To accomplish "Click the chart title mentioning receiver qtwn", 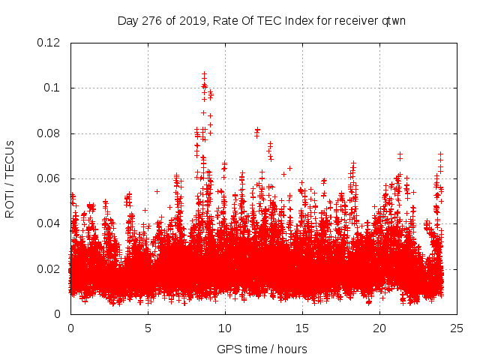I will point(262,20).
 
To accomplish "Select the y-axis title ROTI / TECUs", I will point(10,178).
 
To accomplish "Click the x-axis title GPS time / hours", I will point(262,349).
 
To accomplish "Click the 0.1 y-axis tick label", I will point(55,88).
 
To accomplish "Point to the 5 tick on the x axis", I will point(148,328).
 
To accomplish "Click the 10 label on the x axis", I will point(225,328).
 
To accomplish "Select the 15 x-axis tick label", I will point(302,328).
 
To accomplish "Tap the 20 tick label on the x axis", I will point(379,328).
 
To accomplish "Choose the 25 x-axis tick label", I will point(457,328).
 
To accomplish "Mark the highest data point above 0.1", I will point(204,74).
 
